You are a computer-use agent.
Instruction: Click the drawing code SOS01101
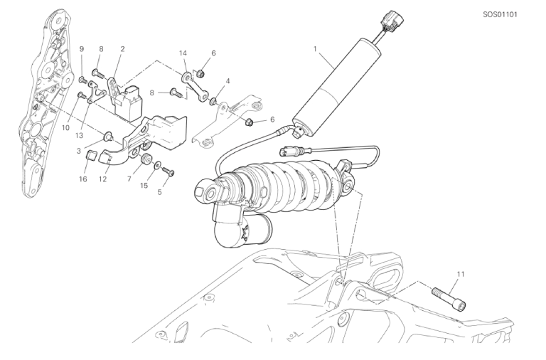500,15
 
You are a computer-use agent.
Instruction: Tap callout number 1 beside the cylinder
315,49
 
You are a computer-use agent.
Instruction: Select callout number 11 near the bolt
461,275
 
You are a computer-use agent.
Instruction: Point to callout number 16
83,179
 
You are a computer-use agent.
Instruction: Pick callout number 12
102,179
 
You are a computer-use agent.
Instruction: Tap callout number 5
159,192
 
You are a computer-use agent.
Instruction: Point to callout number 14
183,53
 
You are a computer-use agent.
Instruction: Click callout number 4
227,81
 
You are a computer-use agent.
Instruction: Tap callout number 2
122,49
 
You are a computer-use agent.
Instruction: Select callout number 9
82,49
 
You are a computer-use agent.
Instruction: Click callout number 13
80,135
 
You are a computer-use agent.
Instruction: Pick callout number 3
79,151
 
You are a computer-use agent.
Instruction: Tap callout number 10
65,128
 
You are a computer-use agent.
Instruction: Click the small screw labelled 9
84,80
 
